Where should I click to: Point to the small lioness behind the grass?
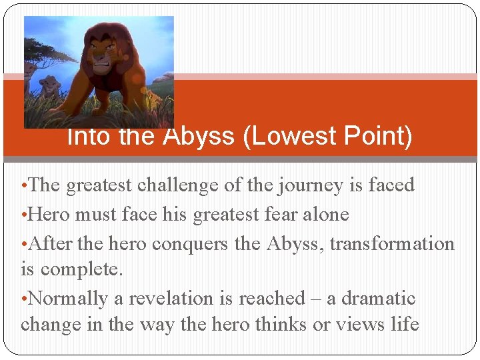point(49,85)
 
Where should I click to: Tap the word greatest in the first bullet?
point(98,185)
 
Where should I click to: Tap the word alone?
point(327,214)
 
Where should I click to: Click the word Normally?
point(69,299)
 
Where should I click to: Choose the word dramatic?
point(378,298)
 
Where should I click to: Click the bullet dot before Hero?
point(24,215)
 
